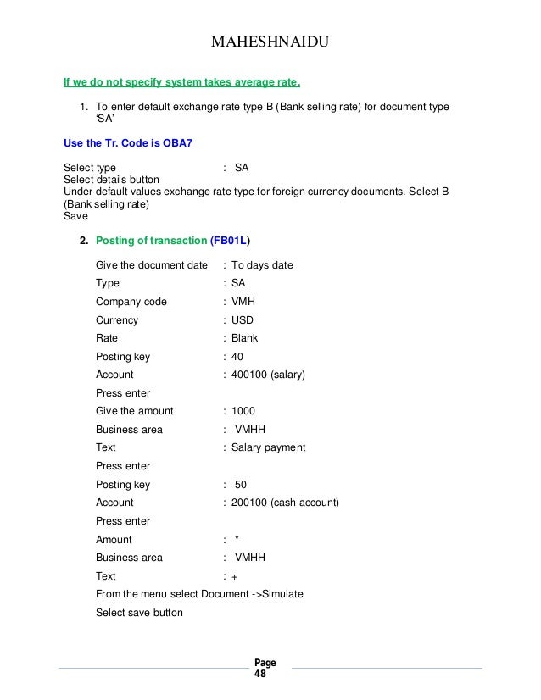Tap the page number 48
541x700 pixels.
(259, 675)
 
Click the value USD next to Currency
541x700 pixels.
(243, 320)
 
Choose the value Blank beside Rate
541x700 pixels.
(245, 338)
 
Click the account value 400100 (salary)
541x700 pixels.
(268, 375)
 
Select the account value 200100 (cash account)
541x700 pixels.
(285, 503)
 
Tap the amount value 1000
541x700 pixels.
(243, 411)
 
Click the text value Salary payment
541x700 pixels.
(269, 447)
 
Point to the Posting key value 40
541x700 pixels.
(237, 357)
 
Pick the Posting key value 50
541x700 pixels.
(240, 485)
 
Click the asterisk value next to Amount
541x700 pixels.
(237, 540)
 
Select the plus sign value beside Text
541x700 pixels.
(235, 576)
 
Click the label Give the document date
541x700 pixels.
(151, 265)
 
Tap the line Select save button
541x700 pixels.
(139, 613)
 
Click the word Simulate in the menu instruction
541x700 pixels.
(281, 594)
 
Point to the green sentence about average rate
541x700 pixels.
(182, 83)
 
